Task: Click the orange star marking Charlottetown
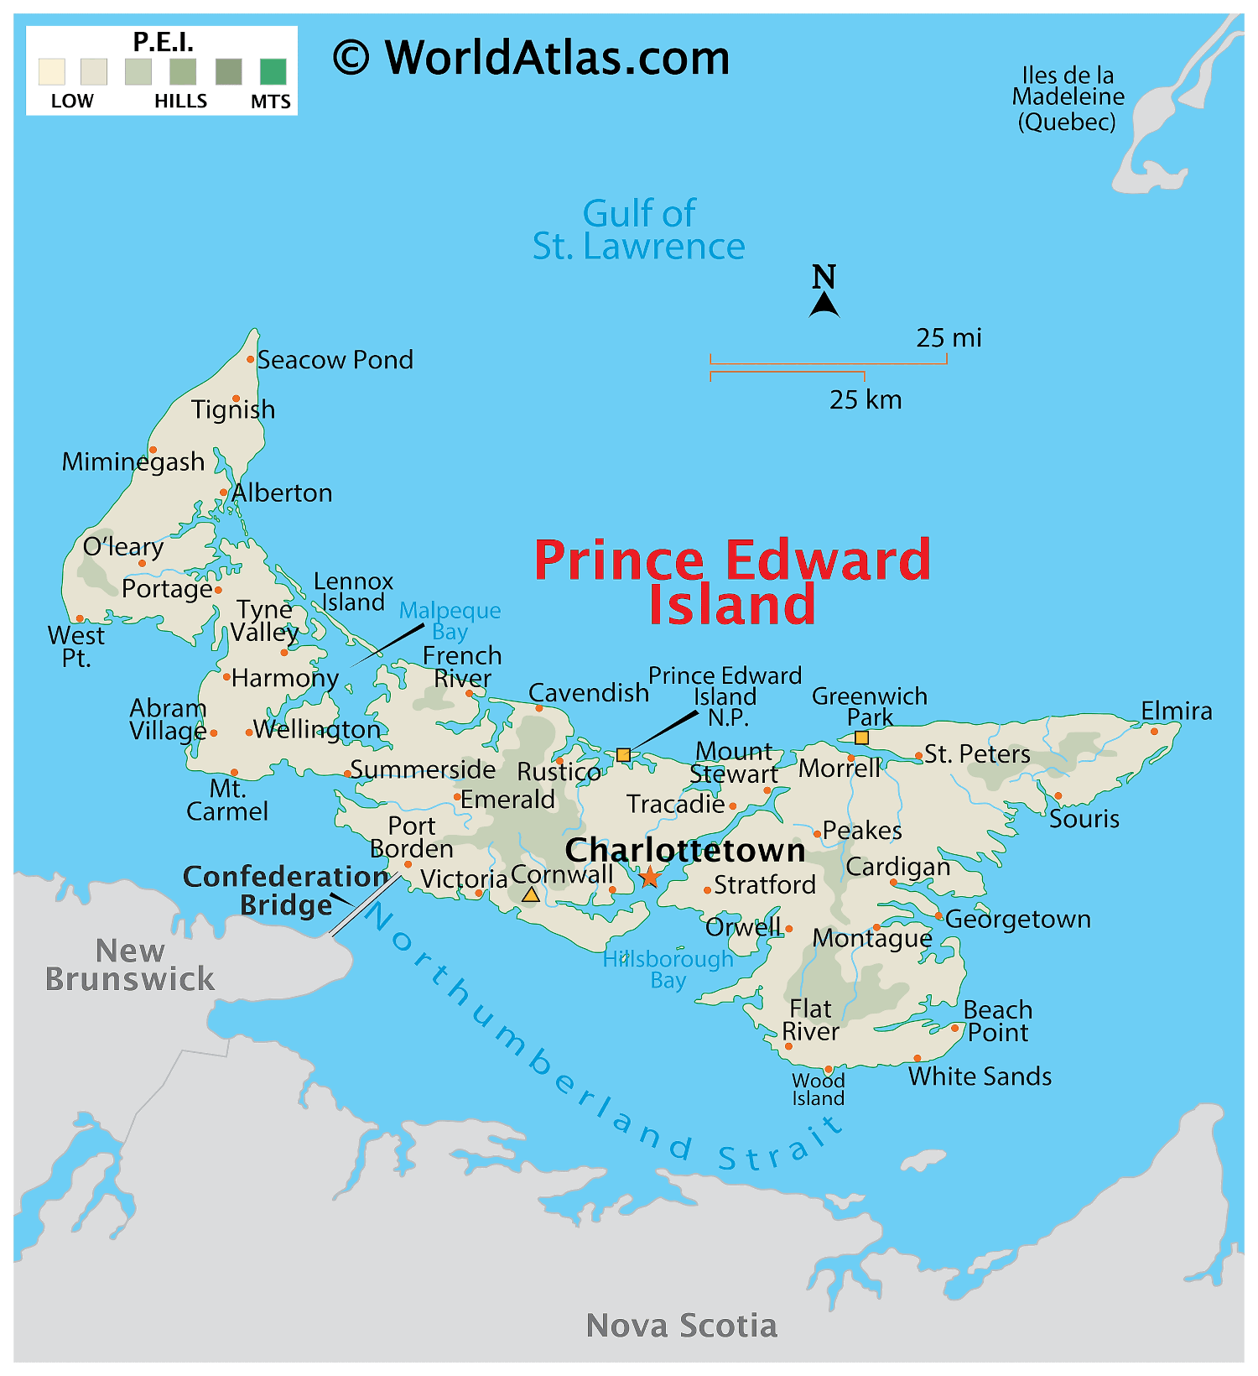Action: click(x=650, y=878)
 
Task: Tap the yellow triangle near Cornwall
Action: click(x=531, y=895)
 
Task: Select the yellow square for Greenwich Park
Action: click(x=861, y=738)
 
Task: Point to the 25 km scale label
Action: click(x=866, y=399)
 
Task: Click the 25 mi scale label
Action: click(x=949, y=338)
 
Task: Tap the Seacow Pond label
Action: click(x=335, y=360)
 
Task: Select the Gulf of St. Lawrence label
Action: click(x=639, y=230)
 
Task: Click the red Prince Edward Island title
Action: click(x=732, y=581)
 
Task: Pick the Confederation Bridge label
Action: click(x=285, y=890)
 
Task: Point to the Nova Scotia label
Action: click(x=681, y=1326)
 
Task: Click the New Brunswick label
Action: click(x=130, y=965)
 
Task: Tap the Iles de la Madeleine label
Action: click(x=1067, y=98)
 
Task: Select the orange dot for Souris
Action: click(x=1058, y=796)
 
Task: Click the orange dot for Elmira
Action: click(x=1154, y=732)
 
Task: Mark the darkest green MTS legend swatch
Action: click(x=273, y=72)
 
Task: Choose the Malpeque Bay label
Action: click(x=450, y=621)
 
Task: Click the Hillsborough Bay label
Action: click(x=668, y=970)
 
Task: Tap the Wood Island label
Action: click(x=818, y=1089)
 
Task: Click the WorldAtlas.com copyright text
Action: click(x=532, y=58)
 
